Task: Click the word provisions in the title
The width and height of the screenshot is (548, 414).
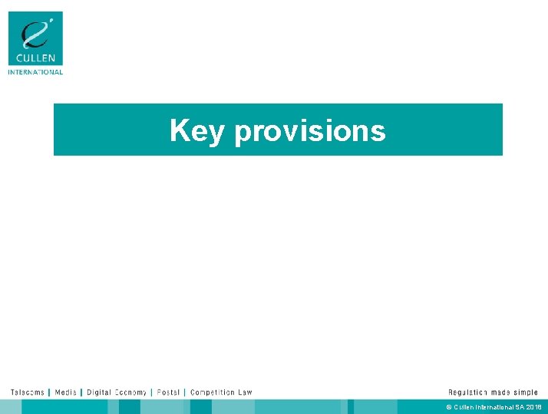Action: [x=310, y=132]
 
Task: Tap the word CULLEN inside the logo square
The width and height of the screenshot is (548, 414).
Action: [x=35, y=58]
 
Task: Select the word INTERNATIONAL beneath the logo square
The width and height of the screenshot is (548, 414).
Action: [x=35, y=72]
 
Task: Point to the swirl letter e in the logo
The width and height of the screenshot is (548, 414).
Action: [x=34, y=34]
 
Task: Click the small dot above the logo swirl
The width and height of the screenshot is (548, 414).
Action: [x=51, y=19]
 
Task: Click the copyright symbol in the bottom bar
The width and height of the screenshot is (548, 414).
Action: [x=449, y=407]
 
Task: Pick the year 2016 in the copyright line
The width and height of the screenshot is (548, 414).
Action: [x=534, y=407]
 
